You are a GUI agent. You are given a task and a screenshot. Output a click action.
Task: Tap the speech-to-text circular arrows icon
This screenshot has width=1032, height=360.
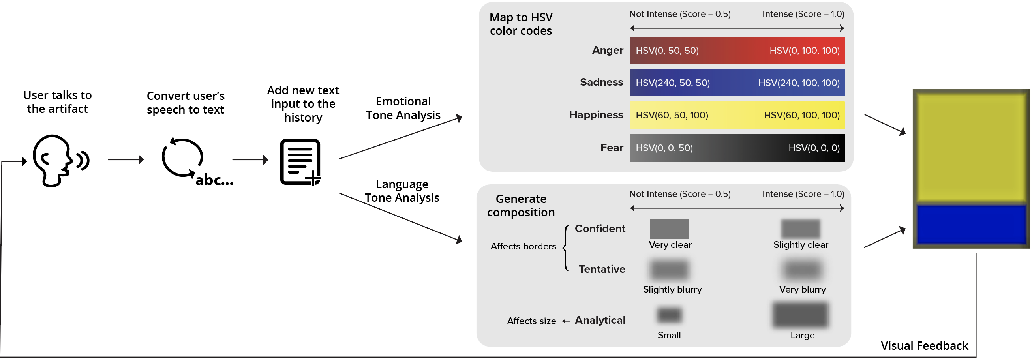point(183,158)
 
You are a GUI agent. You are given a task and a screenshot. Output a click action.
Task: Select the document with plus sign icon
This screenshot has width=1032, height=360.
point(301,162)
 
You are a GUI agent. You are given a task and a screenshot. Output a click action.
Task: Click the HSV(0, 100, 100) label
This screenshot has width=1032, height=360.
point(805,51)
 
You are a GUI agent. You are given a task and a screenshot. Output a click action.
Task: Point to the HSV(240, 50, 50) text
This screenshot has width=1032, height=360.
point(673,83)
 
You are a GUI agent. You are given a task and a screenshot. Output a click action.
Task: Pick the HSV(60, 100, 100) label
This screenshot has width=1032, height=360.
point(802,115)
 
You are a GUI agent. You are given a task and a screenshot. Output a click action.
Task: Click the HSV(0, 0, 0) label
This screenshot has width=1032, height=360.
point(814,148)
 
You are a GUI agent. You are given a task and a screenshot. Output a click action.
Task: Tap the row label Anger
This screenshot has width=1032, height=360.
point(608,50)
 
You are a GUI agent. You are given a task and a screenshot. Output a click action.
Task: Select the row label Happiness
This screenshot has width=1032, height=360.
point(596,115)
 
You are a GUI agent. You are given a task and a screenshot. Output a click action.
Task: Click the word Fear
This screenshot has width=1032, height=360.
point(612,148)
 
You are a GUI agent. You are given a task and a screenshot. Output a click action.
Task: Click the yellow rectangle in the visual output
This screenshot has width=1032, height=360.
point(971,147)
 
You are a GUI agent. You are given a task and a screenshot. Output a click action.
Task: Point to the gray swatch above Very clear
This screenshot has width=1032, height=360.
point(670,229)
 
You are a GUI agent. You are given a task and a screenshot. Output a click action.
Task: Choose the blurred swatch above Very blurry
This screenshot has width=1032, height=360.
point(802,270)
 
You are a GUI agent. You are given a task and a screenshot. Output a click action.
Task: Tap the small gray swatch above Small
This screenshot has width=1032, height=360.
point(669,315)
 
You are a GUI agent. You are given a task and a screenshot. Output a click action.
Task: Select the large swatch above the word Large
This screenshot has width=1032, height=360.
point(801,315)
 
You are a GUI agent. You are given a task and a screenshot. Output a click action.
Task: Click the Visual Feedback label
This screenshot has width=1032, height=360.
point(924,346)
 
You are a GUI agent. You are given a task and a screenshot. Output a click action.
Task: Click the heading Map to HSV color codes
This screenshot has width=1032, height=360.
point(521,24)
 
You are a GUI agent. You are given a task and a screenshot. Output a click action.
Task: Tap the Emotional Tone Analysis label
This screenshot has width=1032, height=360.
point(403,109)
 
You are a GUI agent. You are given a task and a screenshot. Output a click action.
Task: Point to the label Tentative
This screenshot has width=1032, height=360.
point(602,269)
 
